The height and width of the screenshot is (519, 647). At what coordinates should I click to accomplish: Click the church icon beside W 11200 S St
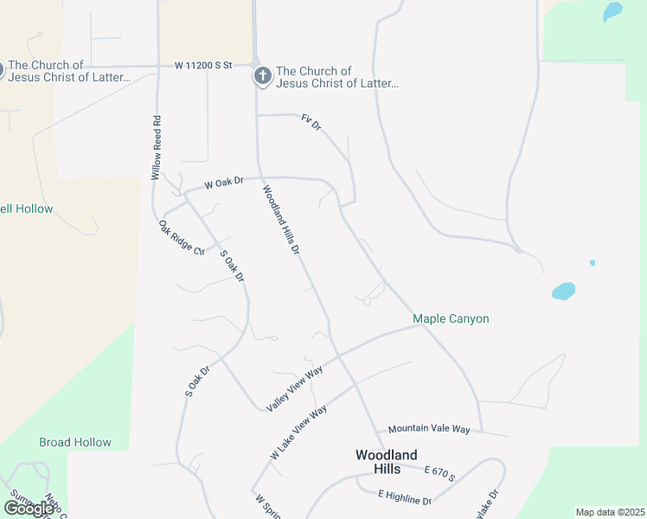(262, 77)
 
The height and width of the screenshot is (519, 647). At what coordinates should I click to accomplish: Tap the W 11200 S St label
(204, 65)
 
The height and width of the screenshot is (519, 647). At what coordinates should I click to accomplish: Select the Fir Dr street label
(311, 122)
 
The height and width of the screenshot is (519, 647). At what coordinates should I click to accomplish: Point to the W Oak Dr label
(224, 183)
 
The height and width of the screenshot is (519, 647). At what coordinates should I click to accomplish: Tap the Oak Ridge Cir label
(181, 238)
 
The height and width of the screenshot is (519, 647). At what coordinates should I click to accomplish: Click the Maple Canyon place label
(451, 319)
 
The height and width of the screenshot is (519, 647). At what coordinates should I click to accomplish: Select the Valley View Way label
(295, 388)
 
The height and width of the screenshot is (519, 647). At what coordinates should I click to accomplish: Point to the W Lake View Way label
(298, 431)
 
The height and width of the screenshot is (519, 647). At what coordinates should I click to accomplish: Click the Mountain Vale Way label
(429, 429)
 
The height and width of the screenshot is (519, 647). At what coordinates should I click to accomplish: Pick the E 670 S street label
(439, 473)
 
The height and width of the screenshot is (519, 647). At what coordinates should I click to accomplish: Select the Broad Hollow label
(75, 442)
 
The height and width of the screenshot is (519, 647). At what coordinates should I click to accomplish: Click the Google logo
(29, 509)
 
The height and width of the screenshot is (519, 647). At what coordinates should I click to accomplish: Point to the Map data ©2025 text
(609, 512)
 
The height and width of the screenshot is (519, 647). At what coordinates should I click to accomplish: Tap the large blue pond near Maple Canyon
(563, 291)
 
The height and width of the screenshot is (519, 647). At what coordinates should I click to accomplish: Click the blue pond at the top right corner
(612, 11)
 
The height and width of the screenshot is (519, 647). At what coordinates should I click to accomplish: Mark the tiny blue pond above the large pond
(593, 263)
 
